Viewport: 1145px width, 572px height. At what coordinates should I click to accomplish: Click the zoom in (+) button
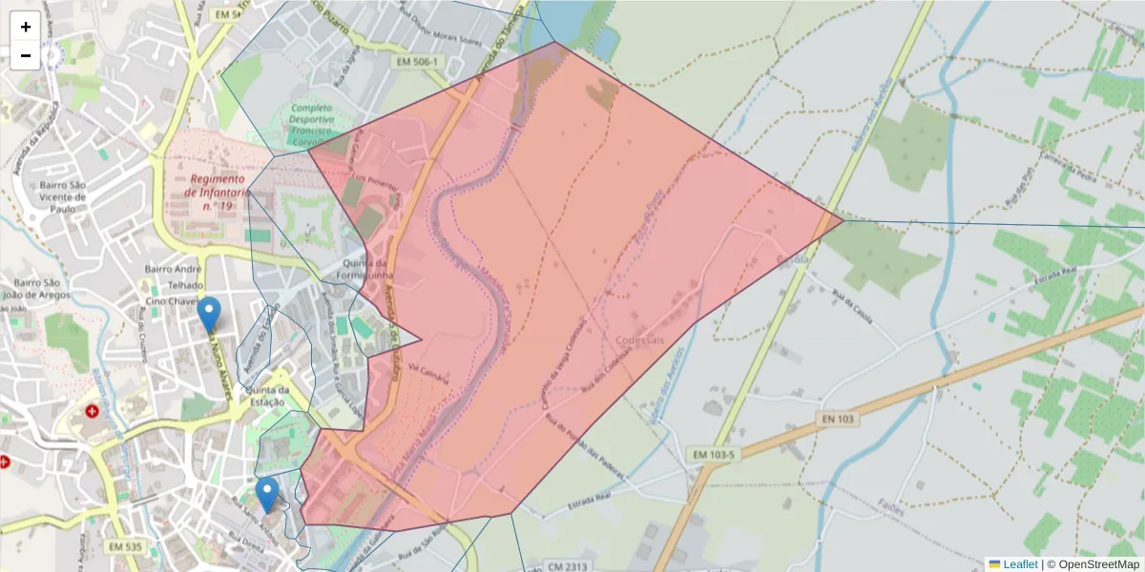[26, 27]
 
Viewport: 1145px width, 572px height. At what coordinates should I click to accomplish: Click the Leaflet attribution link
[1020, 564]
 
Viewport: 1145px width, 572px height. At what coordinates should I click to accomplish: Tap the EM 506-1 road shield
[419, 62]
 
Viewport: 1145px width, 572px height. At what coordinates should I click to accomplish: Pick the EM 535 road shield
[125, 547]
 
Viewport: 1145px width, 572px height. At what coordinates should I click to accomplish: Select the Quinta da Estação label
[267, 396]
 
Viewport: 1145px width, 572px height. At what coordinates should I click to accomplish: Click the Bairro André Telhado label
[173, 276]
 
